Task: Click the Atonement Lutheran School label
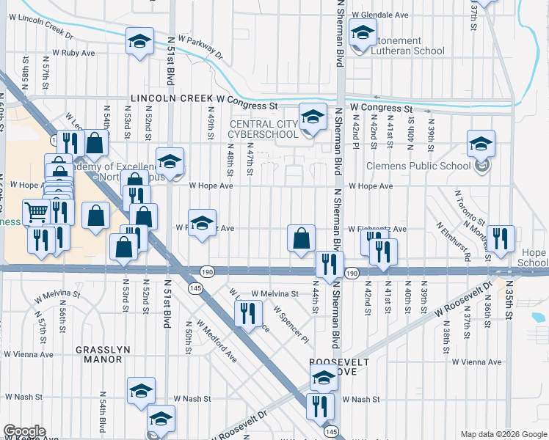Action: (407, 45)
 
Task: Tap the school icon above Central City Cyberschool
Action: (313, 118)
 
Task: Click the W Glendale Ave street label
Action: (379, 15)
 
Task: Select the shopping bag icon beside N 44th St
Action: (301, 238)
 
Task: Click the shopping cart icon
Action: (37, 213)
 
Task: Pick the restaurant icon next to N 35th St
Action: (501, 238)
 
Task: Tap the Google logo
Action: (25, 431)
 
